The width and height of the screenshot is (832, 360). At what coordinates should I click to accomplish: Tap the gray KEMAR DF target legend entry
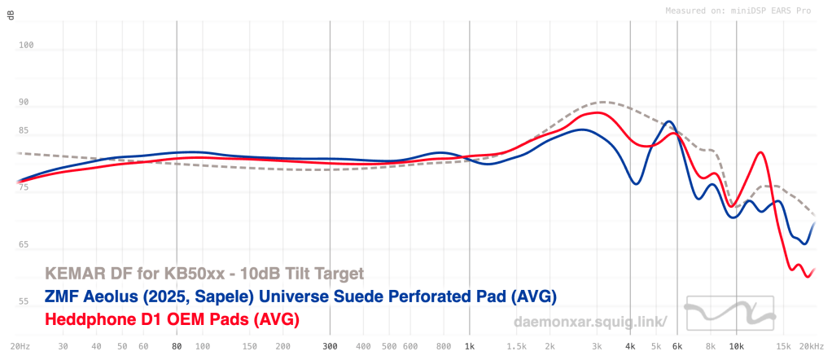click(x=204, y=273)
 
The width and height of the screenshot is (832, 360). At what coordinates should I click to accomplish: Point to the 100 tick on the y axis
click(x=26, y=46)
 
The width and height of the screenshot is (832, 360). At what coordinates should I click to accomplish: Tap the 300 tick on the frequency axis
click(x=329, y=345)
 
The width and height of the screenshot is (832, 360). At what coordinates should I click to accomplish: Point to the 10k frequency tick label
click(x=737, y=345)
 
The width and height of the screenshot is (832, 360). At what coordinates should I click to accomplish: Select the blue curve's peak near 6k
click(x=669, y=122)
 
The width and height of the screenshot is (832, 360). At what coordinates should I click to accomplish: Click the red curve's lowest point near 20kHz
click(x=808, y=277)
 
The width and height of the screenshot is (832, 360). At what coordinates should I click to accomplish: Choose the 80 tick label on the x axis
click(x=177, y=345)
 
